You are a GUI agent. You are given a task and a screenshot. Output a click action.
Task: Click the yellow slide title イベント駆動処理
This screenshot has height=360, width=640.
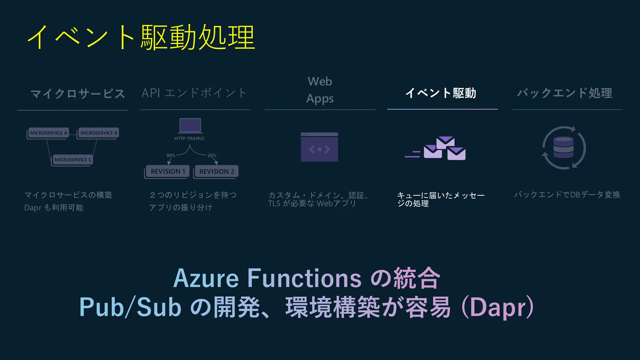point(141,37)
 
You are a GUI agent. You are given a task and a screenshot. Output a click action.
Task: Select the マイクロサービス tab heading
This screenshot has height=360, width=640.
point(77,93)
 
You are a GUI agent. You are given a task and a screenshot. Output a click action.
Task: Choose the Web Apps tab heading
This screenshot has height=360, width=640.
point(320,90)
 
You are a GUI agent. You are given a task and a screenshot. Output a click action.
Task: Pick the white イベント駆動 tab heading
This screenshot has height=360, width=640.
point(441,93)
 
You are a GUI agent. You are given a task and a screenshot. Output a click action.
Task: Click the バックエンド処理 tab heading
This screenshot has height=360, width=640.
point(565,93)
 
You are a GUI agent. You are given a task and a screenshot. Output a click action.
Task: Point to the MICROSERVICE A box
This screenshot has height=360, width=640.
point(48,133)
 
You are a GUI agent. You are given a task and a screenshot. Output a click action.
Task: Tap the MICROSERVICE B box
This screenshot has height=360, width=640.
point(99,133)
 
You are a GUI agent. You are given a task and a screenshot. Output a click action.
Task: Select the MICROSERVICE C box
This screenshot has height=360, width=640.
point(73,160)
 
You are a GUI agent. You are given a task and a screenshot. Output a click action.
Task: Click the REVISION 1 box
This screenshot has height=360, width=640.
point(168,171)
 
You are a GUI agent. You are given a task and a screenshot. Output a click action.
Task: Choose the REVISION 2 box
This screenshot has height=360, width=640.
point(217,171)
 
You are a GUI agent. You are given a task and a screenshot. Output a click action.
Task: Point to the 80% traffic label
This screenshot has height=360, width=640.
point(171,155)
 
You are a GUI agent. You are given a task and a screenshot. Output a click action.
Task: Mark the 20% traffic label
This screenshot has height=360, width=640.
point(212,155)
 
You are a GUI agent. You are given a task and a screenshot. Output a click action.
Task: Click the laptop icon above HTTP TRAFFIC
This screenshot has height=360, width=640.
point(190,126)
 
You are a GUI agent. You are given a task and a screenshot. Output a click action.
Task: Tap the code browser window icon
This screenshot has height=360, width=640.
point(319,147)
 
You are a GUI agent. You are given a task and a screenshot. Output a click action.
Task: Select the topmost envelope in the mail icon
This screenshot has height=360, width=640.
point(445,142)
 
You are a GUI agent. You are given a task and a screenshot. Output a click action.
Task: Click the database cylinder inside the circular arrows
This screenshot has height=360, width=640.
point(563,147)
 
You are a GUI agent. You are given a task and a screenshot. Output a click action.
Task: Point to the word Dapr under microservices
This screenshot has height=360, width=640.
point(33,207)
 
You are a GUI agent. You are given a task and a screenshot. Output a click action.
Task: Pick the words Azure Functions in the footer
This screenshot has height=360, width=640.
point(267,278)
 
